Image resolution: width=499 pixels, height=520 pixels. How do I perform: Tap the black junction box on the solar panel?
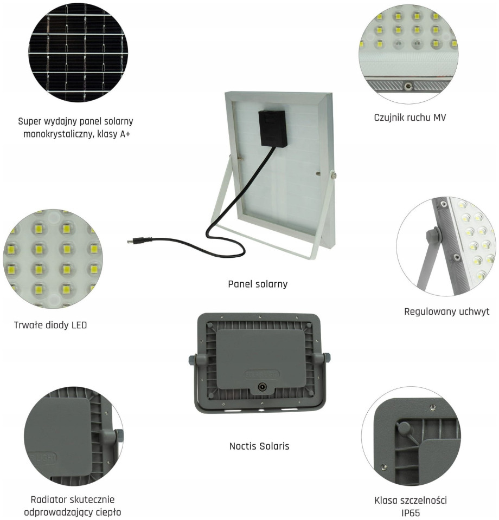click(x=273, y=128)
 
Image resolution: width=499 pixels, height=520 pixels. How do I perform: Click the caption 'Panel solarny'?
click(x=258, y=284)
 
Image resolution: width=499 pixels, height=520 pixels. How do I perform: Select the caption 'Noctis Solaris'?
click(x=259, y=446)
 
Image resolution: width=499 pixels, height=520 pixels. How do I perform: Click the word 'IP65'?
click(x=411, y=513)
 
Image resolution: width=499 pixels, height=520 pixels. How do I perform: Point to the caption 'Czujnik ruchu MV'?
click(x=410, y=118)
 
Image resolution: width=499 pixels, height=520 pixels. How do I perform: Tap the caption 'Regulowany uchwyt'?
click(x=446, y=312)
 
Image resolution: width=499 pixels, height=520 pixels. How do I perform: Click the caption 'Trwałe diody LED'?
click(x=50, y=325)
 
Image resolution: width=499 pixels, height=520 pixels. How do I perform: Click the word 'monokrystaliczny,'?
click(x=59, y=134)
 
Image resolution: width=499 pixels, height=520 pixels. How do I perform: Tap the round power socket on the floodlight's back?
click(x=263, y=387)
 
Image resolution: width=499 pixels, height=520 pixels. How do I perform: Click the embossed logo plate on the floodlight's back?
click(x=262, y=374)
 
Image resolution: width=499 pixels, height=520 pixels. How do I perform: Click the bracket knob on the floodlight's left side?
click(x=192, y=360)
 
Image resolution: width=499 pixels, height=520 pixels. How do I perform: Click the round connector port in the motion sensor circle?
click(x=407, y=87)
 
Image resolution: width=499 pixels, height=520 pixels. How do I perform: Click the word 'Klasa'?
click(x=386, y=500)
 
